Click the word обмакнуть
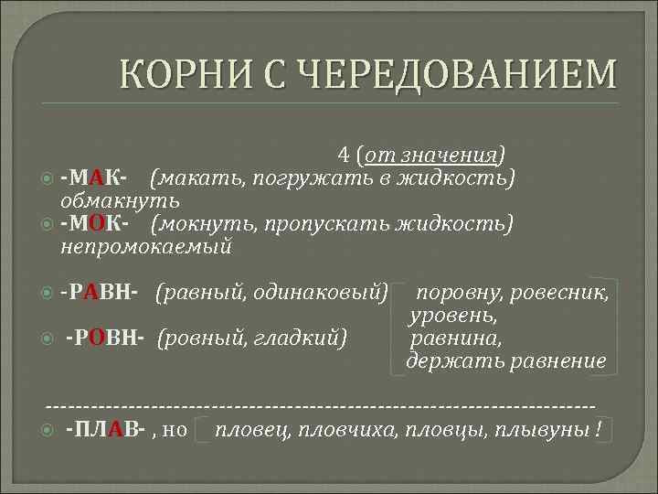point(119,199)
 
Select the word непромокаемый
point(146,247)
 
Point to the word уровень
point(453,316)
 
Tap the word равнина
point(453,338)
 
